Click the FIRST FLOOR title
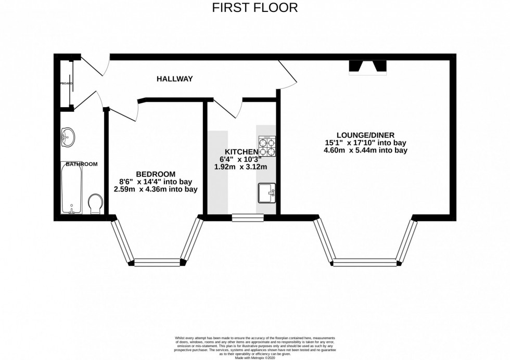[254, 8]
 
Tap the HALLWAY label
[175, 79]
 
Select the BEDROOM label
[156, 174]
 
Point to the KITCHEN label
[241, 151]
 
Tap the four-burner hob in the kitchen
[267, 147]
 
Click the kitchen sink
[266, 193]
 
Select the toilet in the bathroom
[95, 204]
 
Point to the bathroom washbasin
[68, 138]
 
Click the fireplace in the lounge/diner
[368, 66]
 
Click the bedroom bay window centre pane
[158, 262]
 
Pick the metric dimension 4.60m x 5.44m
[365, 150]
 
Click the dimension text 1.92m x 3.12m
[240, 167]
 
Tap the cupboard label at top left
[66, 83]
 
